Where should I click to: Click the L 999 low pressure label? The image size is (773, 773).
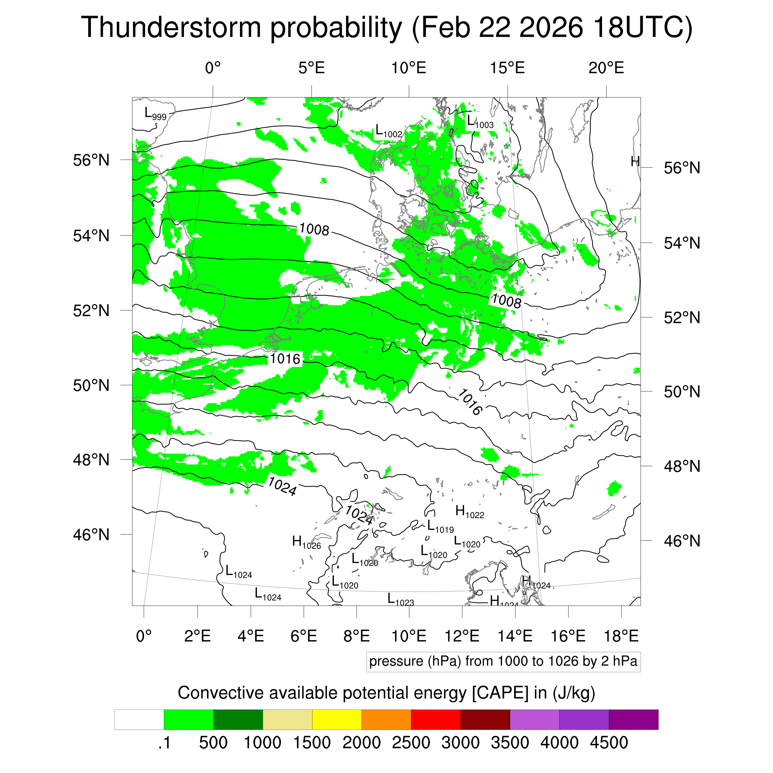point(155,114)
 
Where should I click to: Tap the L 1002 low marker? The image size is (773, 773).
point(388,132)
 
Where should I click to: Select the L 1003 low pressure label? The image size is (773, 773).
point(480,122)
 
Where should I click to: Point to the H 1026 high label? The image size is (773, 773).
point(306,543)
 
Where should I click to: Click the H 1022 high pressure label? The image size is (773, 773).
point(469,512)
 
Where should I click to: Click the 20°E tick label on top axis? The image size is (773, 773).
point(606,68)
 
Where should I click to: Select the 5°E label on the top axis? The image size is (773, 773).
point(311,68)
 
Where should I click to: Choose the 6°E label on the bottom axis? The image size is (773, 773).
point(304,636)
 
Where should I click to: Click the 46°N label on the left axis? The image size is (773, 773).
point(91,535)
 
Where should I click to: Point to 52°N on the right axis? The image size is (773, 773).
point(682,318)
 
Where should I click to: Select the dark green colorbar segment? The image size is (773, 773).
point(238,720)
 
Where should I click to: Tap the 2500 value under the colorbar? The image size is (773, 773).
point(411,743)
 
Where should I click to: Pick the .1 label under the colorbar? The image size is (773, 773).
point(164,743)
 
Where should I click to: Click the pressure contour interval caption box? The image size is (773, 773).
point(503,661)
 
